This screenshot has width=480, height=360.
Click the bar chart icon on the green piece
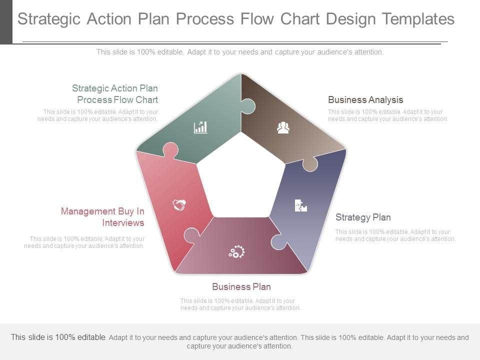click(x=200, y=127)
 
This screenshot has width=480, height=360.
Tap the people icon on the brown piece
click(x=283, y=128)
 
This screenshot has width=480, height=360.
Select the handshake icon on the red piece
click(x=179, y=204)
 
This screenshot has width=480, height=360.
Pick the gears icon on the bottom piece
click(x=236, y=251)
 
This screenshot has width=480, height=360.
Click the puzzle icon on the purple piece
click(x=300, y=205)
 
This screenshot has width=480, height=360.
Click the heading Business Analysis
click(x=365, y=99)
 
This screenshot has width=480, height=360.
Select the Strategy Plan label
click(x=363, y=217)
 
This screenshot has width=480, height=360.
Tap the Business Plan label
click(x=241, y=286)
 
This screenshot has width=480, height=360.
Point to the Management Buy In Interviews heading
click(x=102, y=217)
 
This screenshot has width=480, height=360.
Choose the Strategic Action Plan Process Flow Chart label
click(x=115, y=94)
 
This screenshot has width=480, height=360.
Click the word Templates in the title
click(x=417, y=19)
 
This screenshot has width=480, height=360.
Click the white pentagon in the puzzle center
click(x=241, y=177)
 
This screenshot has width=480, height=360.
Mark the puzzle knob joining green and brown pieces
click(x=247, y=106)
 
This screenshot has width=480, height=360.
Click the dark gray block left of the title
click(x=6, y=22)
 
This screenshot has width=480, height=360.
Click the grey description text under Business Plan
click(x=240, y=304)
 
